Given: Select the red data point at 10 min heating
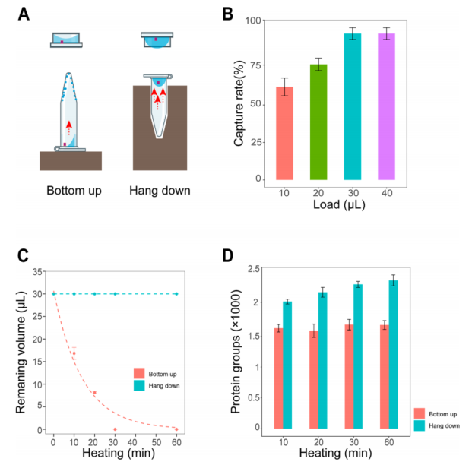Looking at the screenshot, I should (74, 353).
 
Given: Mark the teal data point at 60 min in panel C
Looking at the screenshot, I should (176, 293).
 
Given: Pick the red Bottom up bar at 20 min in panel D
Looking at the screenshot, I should (312, 379).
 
